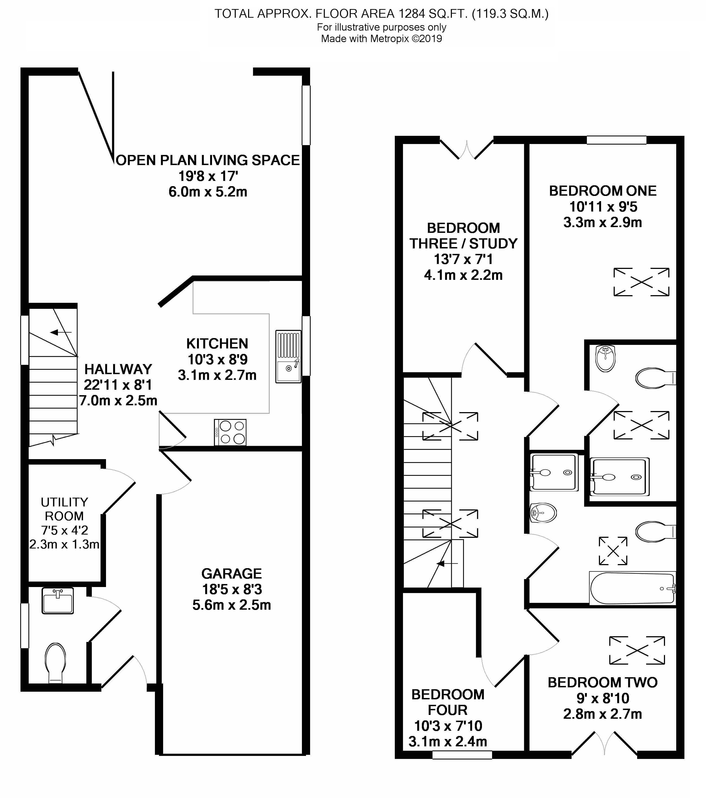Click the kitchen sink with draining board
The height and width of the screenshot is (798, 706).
(x=289, y=356)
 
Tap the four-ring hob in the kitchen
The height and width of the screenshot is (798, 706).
(x=230, y=432)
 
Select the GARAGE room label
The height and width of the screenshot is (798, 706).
(x=231, y=574)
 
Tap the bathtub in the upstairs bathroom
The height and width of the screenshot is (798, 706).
(x=632, y=588)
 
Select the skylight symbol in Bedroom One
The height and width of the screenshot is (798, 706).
(x=642, y=282)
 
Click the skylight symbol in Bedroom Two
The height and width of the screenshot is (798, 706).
(x=637, y=650)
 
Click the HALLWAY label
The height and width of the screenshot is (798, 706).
(x=118, y=369)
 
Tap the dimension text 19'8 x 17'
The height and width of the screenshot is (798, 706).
(x=208, y=176)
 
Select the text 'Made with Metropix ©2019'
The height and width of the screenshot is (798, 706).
(x=381, y=39)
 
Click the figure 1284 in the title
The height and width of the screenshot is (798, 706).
(x=411, y=14)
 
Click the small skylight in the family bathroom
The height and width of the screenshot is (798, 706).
(x=613, y=551)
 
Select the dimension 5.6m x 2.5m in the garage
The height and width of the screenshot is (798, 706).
(x=231, y=605)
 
